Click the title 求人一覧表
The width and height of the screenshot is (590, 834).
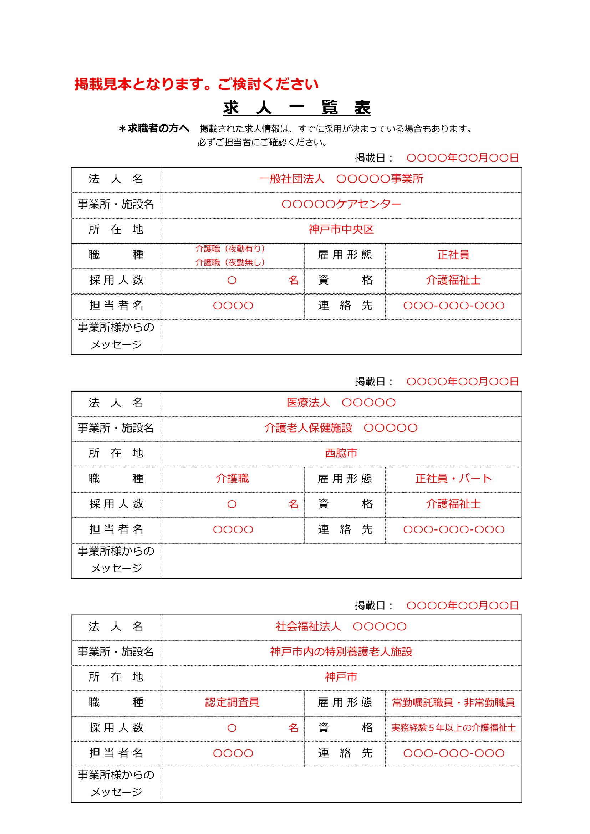(296, 108)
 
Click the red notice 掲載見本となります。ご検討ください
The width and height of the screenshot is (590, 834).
(197, 84)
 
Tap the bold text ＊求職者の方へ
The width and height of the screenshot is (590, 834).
(154, 128)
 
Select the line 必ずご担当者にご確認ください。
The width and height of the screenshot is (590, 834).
(263, 142)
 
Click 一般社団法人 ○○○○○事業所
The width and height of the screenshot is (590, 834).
(341, 179)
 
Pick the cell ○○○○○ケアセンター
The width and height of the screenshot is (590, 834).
(341, 205)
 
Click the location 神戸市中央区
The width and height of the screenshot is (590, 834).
(341, 230)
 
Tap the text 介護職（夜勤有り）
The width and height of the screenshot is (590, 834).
(230, 249)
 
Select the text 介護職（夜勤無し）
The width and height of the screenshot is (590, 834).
(230, 262)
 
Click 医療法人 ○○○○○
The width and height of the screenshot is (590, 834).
(341, 403)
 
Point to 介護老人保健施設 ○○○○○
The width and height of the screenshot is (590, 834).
(341, 428)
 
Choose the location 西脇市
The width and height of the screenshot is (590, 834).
(341, 453)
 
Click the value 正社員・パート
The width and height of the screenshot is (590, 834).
(453, 479)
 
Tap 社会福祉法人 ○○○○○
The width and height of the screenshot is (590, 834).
(341, 626)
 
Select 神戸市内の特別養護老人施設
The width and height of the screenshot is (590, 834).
(341, 652)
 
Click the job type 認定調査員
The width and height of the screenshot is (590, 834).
(232, 702)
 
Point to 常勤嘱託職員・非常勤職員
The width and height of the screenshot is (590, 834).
(453, 702)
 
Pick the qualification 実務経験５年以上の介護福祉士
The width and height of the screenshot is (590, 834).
(453, 728)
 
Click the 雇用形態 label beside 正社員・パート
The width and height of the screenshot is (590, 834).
(345, 479)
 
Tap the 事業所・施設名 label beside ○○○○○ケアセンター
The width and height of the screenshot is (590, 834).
(116, 205)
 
